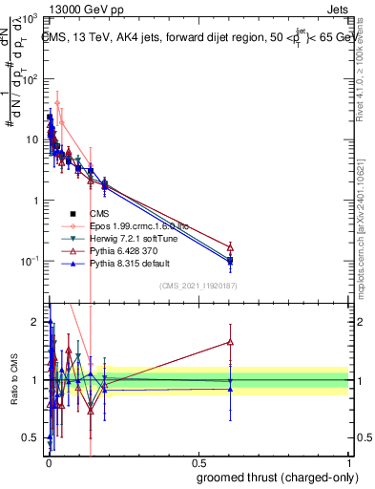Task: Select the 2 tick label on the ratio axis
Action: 35,322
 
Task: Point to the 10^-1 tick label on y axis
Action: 29,261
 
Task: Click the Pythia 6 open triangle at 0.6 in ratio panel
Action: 230,341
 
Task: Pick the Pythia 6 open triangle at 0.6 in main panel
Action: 230,246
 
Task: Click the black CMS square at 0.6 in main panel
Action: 230,260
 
